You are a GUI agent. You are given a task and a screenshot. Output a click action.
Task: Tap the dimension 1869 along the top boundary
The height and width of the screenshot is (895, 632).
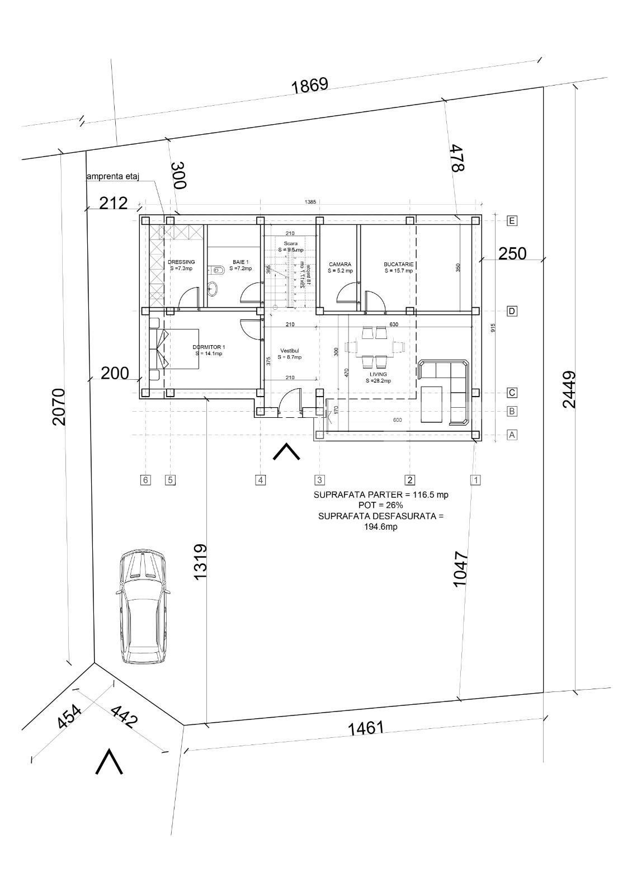pyautogui.click(x=310, y=86)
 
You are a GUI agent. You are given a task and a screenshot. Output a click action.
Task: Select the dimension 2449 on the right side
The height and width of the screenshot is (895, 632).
pyautogui.click(x=569, y=390)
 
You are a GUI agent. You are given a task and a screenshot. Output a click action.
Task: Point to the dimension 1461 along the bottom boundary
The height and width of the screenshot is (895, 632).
pyautogui.click(x=366, y=728)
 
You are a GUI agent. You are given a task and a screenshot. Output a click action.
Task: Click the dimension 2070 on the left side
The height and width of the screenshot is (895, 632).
pyautogui.click(x=59, y=407)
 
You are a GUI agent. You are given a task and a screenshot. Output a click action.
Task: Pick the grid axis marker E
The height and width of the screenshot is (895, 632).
pyautogui.click(x=512, y=221)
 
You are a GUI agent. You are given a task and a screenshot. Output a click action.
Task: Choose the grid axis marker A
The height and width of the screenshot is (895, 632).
pyautogui.click(x=512, y=435)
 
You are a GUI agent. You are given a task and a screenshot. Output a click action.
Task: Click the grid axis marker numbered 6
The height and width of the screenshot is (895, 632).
pyautogui.click(x=145, y=479)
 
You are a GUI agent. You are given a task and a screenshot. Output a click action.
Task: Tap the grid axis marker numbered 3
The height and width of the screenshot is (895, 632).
pyautogui.click(x=319, y=479)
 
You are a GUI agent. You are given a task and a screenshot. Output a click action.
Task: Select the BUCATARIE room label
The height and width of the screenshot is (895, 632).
pyautogui.click(x=398, y=267)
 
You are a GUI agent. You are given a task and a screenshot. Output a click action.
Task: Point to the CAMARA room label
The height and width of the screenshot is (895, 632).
pyautogui.click(x=340, y=267)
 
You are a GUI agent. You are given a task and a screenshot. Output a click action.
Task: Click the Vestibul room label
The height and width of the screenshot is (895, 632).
pyautogui.click(x=290, y=354)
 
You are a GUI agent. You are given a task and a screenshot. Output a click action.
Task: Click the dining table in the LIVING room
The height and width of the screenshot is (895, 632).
pyautogui.click(x=374, y=347)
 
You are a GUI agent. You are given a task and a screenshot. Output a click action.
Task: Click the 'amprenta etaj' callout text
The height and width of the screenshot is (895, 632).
pyautogui.click(x=112, y=177)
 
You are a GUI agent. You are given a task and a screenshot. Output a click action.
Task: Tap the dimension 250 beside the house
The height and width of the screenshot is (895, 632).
pyautogui.click(x=512, y=254)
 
